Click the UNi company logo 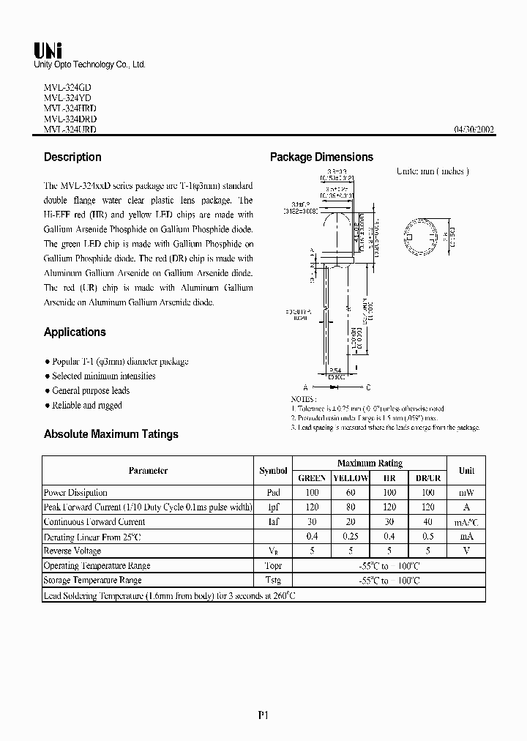(48, 50)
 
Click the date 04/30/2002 (474, 130)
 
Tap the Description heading (72, 157)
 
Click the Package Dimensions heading (321, 157)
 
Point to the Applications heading (75, 332)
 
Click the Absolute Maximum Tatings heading (111, 434)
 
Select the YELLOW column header (351, 478)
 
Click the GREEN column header (312, 478)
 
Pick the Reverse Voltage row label (72, 551)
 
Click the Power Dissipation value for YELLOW (351, 493)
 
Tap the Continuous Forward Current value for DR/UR (427, 522)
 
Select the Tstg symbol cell (273, 580)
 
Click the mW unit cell (466, 493)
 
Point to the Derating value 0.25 (351, 537)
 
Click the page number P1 (264, 716)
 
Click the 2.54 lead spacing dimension (334, 370)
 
